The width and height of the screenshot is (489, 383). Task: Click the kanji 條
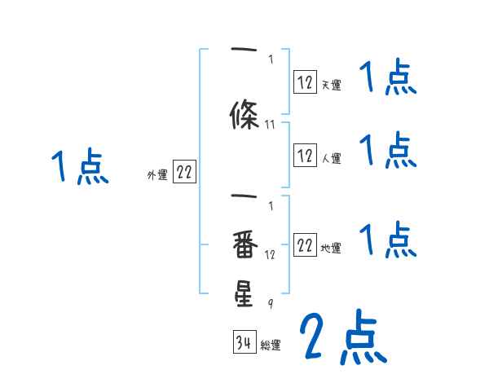[x=244, y=113]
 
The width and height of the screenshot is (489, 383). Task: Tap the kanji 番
[x=244, y=244]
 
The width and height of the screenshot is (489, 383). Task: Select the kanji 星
[x=244, y=293]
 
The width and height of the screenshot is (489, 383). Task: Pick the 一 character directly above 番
[x=244, y=198]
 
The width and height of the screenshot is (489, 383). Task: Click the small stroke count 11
[x=271, y=125]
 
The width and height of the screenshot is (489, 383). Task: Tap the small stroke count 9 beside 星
[x=271, y=304]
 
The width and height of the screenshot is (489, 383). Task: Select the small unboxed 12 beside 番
[x=271, y=255]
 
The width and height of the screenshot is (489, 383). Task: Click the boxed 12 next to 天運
[x=305, y=81]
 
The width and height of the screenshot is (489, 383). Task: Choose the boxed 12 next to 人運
[x=305, y=156]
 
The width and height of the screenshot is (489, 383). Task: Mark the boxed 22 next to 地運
[x=305, y=247]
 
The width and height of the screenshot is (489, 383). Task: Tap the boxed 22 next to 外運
[x=184, y=172]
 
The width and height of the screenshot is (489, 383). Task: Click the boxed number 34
[x=244, y=343]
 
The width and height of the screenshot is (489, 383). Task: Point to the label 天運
[x=330, y=83]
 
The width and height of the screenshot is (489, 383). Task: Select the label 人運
[x=330, y=158]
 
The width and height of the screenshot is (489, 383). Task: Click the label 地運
[x=330, y=249]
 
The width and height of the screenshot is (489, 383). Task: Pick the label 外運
[x=157, y=174]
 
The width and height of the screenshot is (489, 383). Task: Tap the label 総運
[x=271, y=346]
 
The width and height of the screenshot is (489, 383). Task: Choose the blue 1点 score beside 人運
[x=387, y=151]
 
